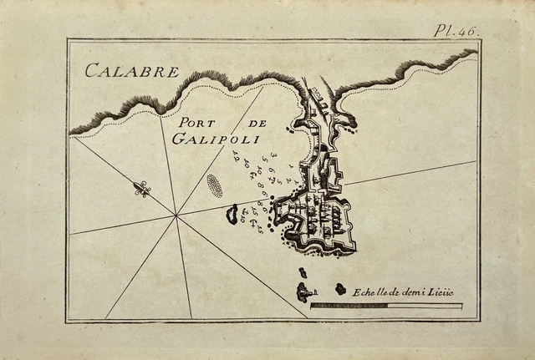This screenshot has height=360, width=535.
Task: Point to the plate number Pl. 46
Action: (455, 31)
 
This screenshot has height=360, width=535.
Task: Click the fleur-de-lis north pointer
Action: (142, 190)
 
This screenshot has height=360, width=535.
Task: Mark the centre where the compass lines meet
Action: (176, 215)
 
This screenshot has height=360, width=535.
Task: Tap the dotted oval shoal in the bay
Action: (215, 185)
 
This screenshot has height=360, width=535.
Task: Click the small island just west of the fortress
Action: (232, 215)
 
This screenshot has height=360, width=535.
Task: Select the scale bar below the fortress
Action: (386, 306)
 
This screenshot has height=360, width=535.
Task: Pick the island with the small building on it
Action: (304, 292)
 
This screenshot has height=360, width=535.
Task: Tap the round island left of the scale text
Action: (340, 289)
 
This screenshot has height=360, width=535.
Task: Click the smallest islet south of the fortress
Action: (302, 272)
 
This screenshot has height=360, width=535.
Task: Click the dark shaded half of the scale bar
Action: (349, 306)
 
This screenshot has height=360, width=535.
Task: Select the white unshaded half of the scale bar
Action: (424, 306)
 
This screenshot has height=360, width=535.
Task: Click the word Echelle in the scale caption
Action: (369, 292)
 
